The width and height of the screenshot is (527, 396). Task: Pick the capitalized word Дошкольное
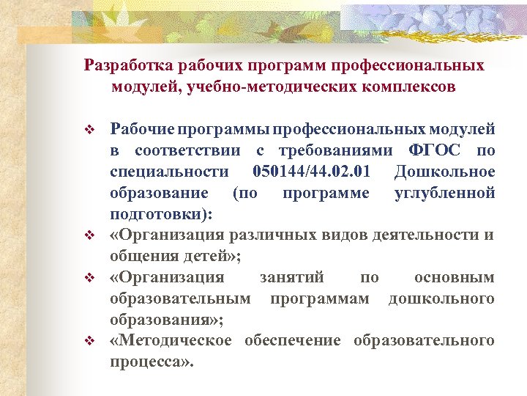click(444, 172)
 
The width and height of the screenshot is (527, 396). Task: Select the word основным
click(454, 278)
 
